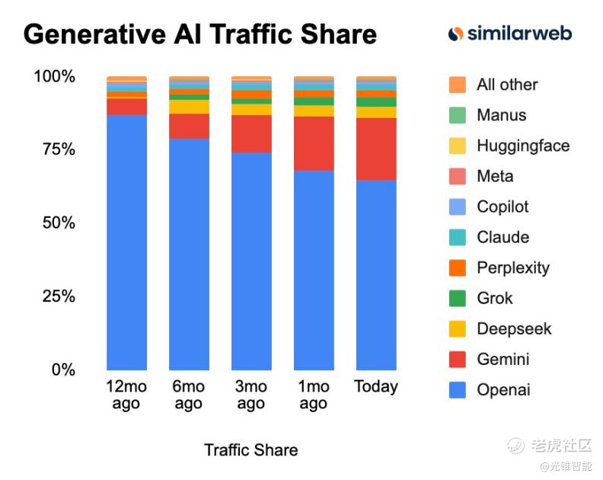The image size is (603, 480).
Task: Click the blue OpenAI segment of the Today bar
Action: coord(376,274)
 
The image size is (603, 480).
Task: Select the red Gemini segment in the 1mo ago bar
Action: coord(314,143)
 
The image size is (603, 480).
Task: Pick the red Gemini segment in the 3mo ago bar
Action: coord(251,133)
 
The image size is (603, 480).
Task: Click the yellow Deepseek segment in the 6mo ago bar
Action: coord(189,107)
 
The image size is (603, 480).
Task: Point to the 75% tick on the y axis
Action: coord(58,149)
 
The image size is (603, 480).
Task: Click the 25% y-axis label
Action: coord(58,296)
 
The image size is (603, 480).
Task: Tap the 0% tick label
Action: coord(63,370)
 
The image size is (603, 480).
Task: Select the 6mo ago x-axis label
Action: coord(189,395)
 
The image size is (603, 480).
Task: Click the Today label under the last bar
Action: coord(376,386)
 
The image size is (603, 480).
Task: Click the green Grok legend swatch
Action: coord(457,298)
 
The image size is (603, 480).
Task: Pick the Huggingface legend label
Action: coord(523,146)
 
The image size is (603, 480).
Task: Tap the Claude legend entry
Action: coord(502,237)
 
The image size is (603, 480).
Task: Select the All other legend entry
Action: coord(507,85)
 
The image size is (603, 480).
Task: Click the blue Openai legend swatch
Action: coord(457,389)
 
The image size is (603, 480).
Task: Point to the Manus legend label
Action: coord(502,115)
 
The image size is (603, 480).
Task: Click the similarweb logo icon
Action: coord(455,34)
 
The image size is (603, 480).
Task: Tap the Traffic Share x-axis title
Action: coord(250,450)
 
